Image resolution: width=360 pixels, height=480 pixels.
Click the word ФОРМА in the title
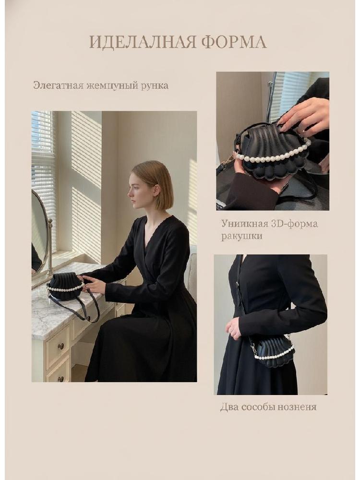click(x=234, y=42)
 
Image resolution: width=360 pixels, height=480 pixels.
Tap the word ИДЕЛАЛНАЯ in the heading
click(x=143, y=42)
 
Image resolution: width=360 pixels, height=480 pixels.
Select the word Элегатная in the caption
click(x=58, y=85)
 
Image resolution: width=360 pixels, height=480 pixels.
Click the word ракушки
click(x=242, y=236)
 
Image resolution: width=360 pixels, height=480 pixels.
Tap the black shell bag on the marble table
click(x=66, y=287)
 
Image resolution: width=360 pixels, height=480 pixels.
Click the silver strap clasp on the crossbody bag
click(x=252, y=348)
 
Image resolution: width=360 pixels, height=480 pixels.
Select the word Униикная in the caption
click(x=244, y=224)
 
